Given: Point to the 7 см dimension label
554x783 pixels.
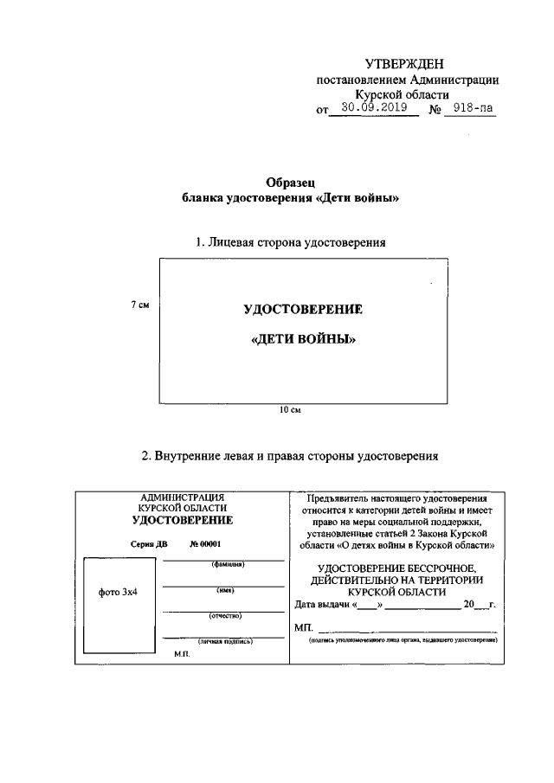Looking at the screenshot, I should [x=140, y=305].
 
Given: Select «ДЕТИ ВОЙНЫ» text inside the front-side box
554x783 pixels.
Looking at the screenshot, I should [x=303, y=340].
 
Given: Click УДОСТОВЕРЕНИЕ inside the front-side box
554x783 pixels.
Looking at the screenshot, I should [x=303, y=310].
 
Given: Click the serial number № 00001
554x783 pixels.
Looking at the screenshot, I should [x=205, y=543].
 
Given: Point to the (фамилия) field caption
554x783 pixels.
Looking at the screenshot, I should [x=223, y=565].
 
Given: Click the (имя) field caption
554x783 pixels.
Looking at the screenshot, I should [x=223, y=590].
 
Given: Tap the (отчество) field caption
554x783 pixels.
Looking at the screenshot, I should [x=223, y=616].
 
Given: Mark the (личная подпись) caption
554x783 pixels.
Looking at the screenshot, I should [x=224, y=642].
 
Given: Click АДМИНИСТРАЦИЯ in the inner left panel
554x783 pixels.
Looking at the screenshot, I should [x=182, y=497].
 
